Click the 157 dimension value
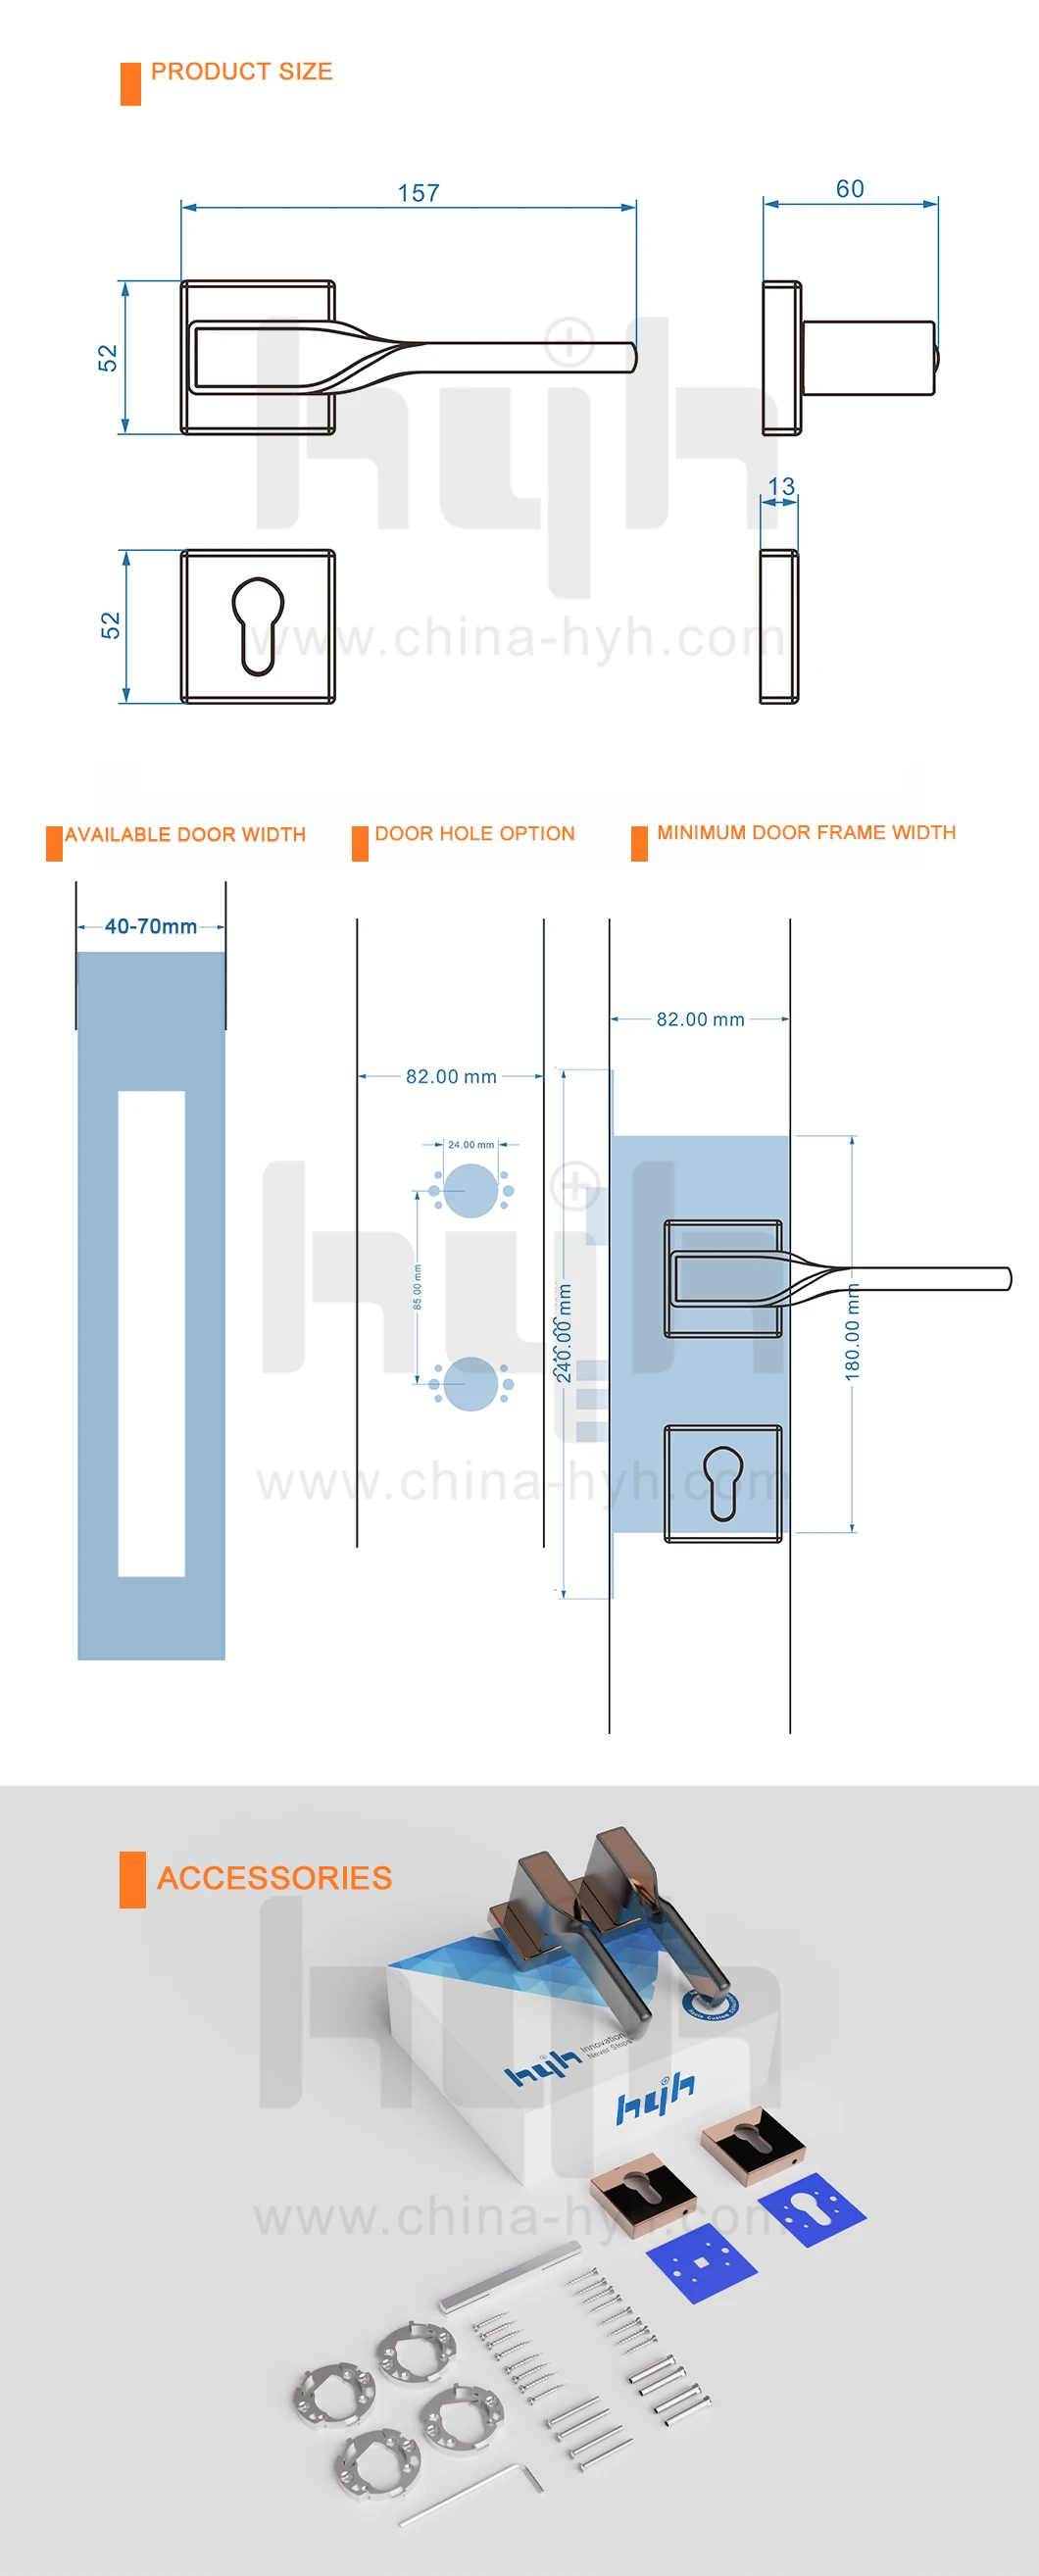tap(418, 193)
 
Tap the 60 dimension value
tap(850, 189)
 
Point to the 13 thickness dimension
tap(781, 487)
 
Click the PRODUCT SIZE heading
tap(241, 72)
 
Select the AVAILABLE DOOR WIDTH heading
tap(185, 834)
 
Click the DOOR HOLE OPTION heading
tap(474, 833)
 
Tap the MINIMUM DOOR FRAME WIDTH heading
tap(806, 832)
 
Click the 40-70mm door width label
tap(151, 926)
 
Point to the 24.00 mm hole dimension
tap(470, 1144)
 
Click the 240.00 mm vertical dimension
tap(564, 1333)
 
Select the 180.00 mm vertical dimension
tap(852, 1333)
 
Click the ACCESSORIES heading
tap(274, 1877)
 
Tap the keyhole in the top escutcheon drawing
tap(258, 625)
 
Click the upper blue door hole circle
tap(470, 1190)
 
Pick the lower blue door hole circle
tap(470, 1384)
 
